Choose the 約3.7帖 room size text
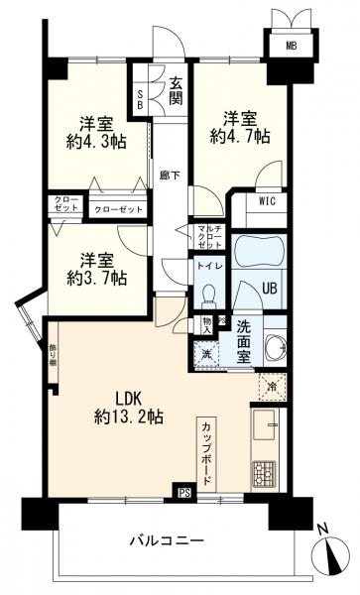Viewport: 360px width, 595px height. pyautogui.click(x=96, y=278)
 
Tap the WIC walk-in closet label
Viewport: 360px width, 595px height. pyautogui.click(x=266, y=203)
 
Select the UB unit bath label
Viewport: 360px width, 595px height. pyautogui.click(x=268, y=290)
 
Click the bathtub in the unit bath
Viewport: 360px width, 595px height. pyautogui.click(x=260, y=253)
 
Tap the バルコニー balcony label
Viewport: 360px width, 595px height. pyautogui.click(x=168, y=541)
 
